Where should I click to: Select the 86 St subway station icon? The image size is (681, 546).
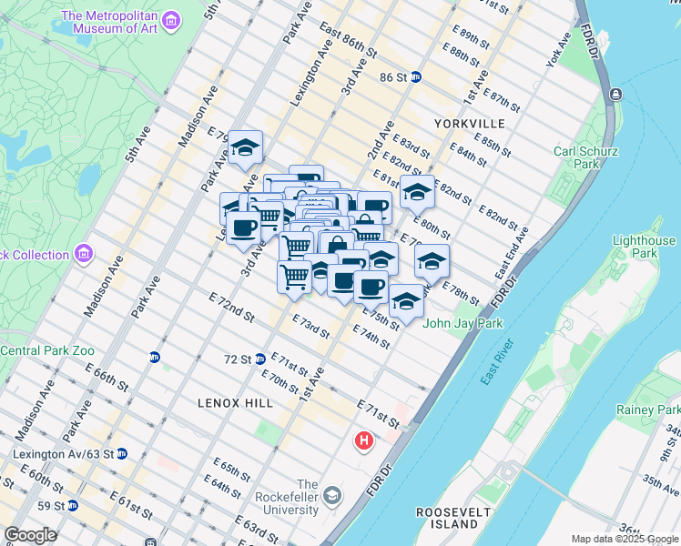[414, 77]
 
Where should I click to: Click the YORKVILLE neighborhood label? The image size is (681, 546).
[469, 123]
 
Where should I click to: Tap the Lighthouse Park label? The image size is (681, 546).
[644, 247]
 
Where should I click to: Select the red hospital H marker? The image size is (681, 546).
[364, 441]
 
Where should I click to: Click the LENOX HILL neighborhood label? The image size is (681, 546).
[229, 400]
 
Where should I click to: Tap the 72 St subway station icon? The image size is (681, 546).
[259, 359]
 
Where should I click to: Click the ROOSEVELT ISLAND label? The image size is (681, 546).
[453, 518]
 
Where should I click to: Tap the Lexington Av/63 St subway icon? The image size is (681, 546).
[121, 453]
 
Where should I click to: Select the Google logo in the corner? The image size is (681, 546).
[30, 535]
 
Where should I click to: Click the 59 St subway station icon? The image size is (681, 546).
[72, 505]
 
